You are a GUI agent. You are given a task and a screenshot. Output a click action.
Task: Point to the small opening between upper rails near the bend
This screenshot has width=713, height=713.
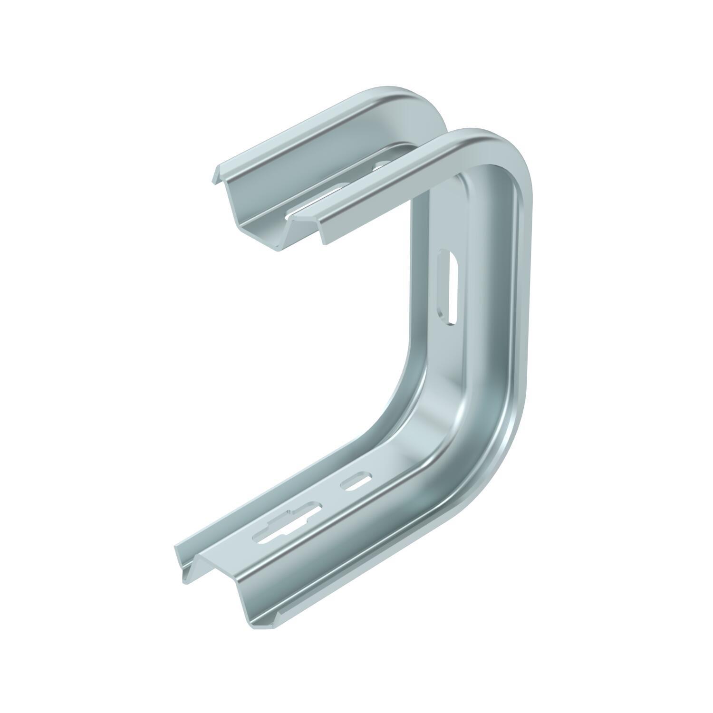point(381,166)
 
